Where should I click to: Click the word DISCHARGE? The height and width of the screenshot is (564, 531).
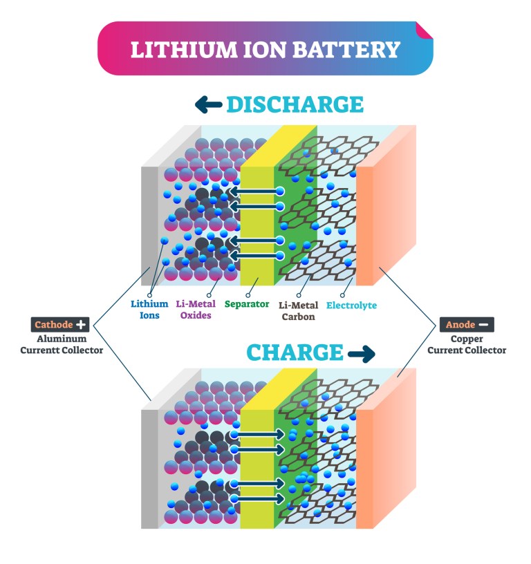(x=295, y=104)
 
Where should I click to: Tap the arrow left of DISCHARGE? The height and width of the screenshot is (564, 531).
(x=208, y=104)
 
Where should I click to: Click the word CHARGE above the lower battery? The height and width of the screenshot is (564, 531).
(x=295, y=352)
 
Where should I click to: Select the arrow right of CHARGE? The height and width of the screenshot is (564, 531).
(x=361, y=353)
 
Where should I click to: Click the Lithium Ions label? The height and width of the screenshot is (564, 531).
(x=149, y=309)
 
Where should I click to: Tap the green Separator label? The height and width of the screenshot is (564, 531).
(x=247, y=304)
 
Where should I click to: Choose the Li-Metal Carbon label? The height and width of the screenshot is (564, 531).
(x=298, y=311)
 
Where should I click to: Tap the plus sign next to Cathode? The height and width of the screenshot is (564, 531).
(x=82, y=324)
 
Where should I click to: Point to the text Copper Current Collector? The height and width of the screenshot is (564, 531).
(x=467, y=345)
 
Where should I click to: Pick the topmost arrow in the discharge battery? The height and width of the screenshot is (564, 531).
(x=256, y=191)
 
